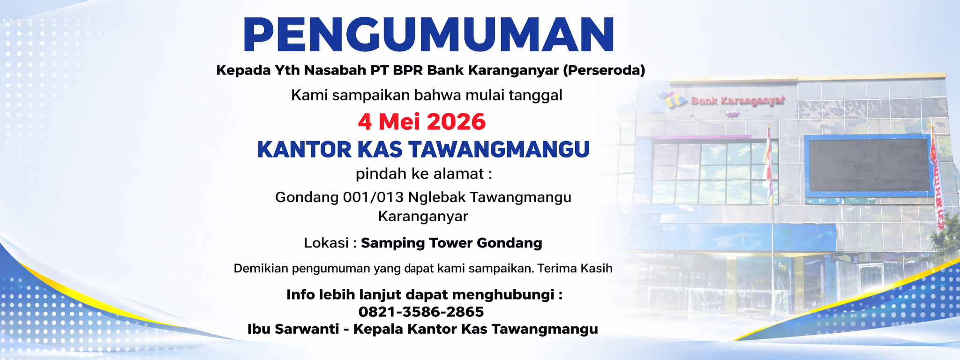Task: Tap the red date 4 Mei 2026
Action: pos(422,122)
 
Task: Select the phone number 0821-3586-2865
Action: pos(421,312)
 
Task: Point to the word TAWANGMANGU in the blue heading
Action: pos(499,150)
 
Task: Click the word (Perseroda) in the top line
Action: pos(604,70)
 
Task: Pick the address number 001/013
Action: pos(373,197)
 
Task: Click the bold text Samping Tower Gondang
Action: pos(451,243)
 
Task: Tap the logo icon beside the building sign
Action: pos(673,99)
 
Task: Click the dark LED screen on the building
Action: pos(869,165)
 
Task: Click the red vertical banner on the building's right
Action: pos(937,183)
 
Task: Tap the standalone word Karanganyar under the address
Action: pos(423,217)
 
